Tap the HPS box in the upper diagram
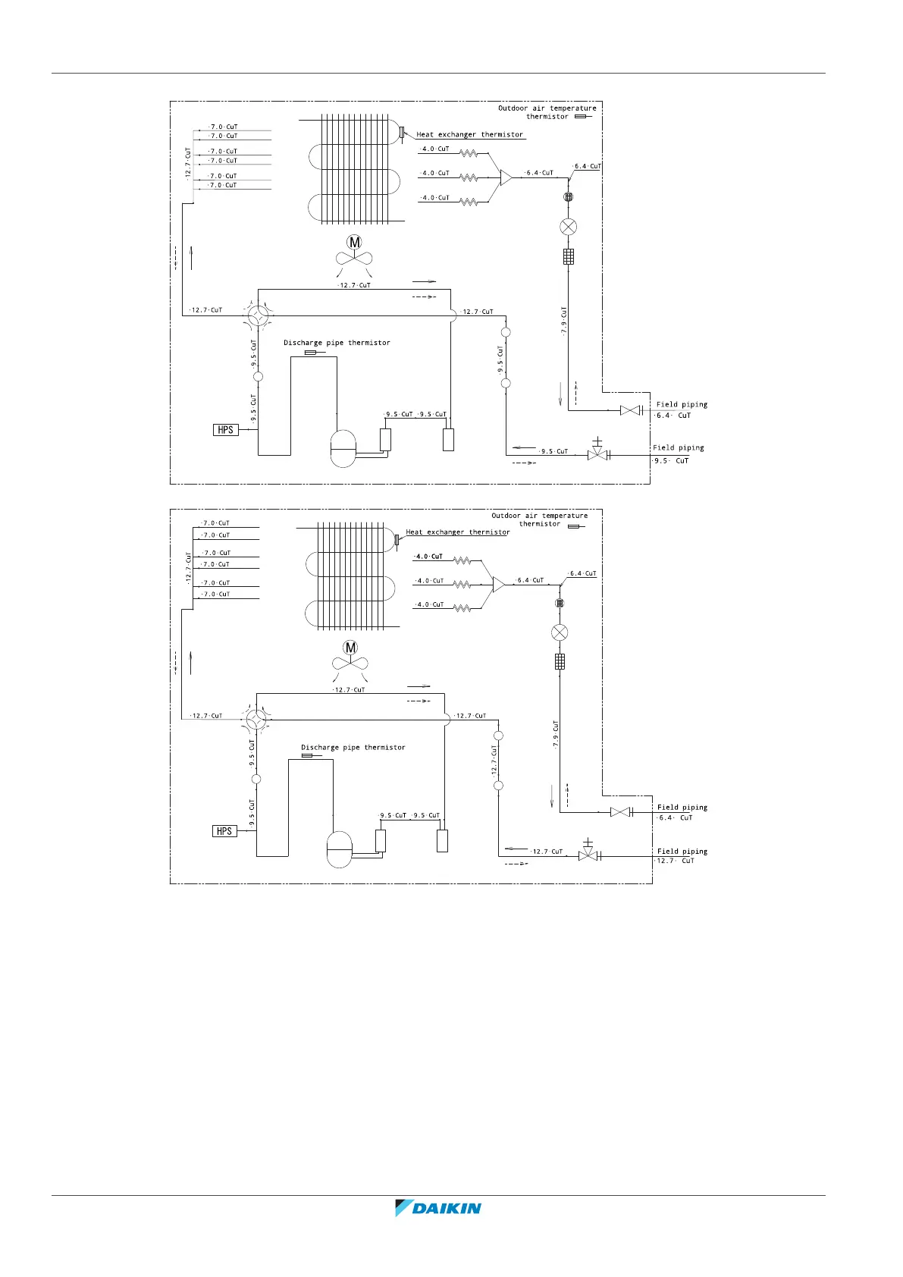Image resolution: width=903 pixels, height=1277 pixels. (x=225, y=430)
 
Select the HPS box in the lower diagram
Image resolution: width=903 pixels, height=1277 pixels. (x=224, y=831)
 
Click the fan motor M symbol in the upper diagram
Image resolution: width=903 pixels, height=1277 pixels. (x=354, y=243)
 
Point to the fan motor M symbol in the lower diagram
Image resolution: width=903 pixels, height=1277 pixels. (x=350, y=648)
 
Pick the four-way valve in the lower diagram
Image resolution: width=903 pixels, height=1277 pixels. (x=256, y=717)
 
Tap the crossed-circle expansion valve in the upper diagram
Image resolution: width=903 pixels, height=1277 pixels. (x=568, y=227)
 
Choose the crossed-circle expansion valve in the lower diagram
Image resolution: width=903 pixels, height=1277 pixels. (x=560, y=632)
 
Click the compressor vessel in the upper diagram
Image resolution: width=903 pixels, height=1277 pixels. (x=343, y=448)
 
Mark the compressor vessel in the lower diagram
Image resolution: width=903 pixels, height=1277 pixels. (x=339, y=849)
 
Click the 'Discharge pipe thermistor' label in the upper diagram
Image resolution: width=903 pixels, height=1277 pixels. (x=337, y=343)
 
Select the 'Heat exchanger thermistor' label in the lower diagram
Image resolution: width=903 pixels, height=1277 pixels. (x=458, y=532)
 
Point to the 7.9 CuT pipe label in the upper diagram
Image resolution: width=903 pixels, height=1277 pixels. (x=563, y=322)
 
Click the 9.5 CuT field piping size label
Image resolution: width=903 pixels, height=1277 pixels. (x=672, y=460)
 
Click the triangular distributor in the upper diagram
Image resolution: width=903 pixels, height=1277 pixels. (x=505, y=177)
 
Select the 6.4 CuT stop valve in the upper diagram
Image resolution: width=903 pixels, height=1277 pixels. (x=629, y=410)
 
